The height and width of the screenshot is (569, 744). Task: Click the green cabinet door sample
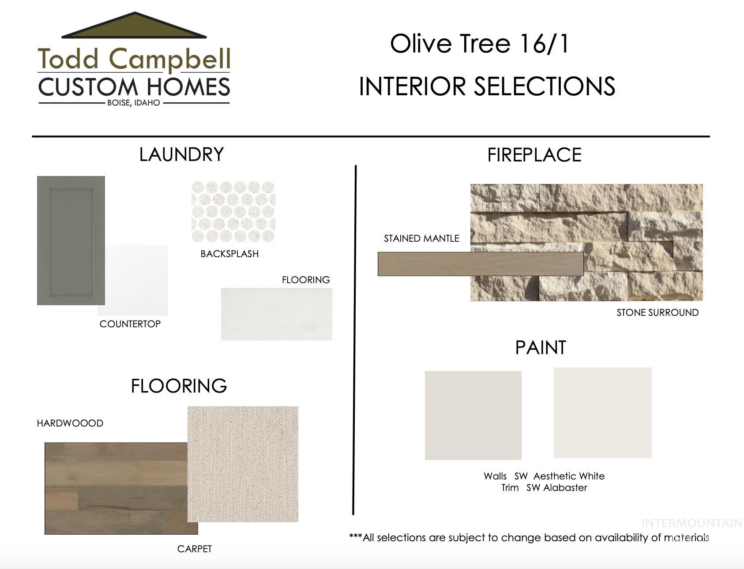[71, 240]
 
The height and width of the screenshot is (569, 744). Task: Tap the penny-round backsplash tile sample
[233, 212]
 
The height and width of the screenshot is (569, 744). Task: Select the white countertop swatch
[136, 281]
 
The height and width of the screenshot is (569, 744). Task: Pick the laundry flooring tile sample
[277, 314]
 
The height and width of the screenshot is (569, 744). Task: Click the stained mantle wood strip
[481, 264]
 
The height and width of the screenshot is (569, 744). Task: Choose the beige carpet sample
[243, 464]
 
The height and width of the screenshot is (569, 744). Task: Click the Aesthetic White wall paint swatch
[473, 416]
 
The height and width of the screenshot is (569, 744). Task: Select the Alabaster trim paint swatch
[603, 413]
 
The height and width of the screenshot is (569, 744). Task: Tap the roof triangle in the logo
[134, 26]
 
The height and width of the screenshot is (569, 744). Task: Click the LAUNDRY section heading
[181, 154]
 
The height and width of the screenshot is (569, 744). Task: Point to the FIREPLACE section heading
[534, 155]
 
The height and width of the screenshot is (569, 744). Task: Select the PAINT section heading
[541, 348]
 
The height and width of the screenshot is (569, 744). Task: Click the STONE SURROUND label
[658, 313]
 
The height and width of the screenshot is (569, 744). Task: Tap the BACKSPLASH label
[229, 254]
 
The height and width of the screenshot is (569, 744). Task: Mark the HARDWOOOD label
[70, 423]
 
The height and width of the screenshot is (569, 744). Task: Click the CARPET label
[195, 549]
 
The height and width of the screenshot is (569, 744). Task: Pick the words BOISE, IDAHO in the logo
[134, 103]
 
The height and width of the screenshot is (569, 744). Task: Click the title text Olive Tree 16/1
[480, 44]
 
